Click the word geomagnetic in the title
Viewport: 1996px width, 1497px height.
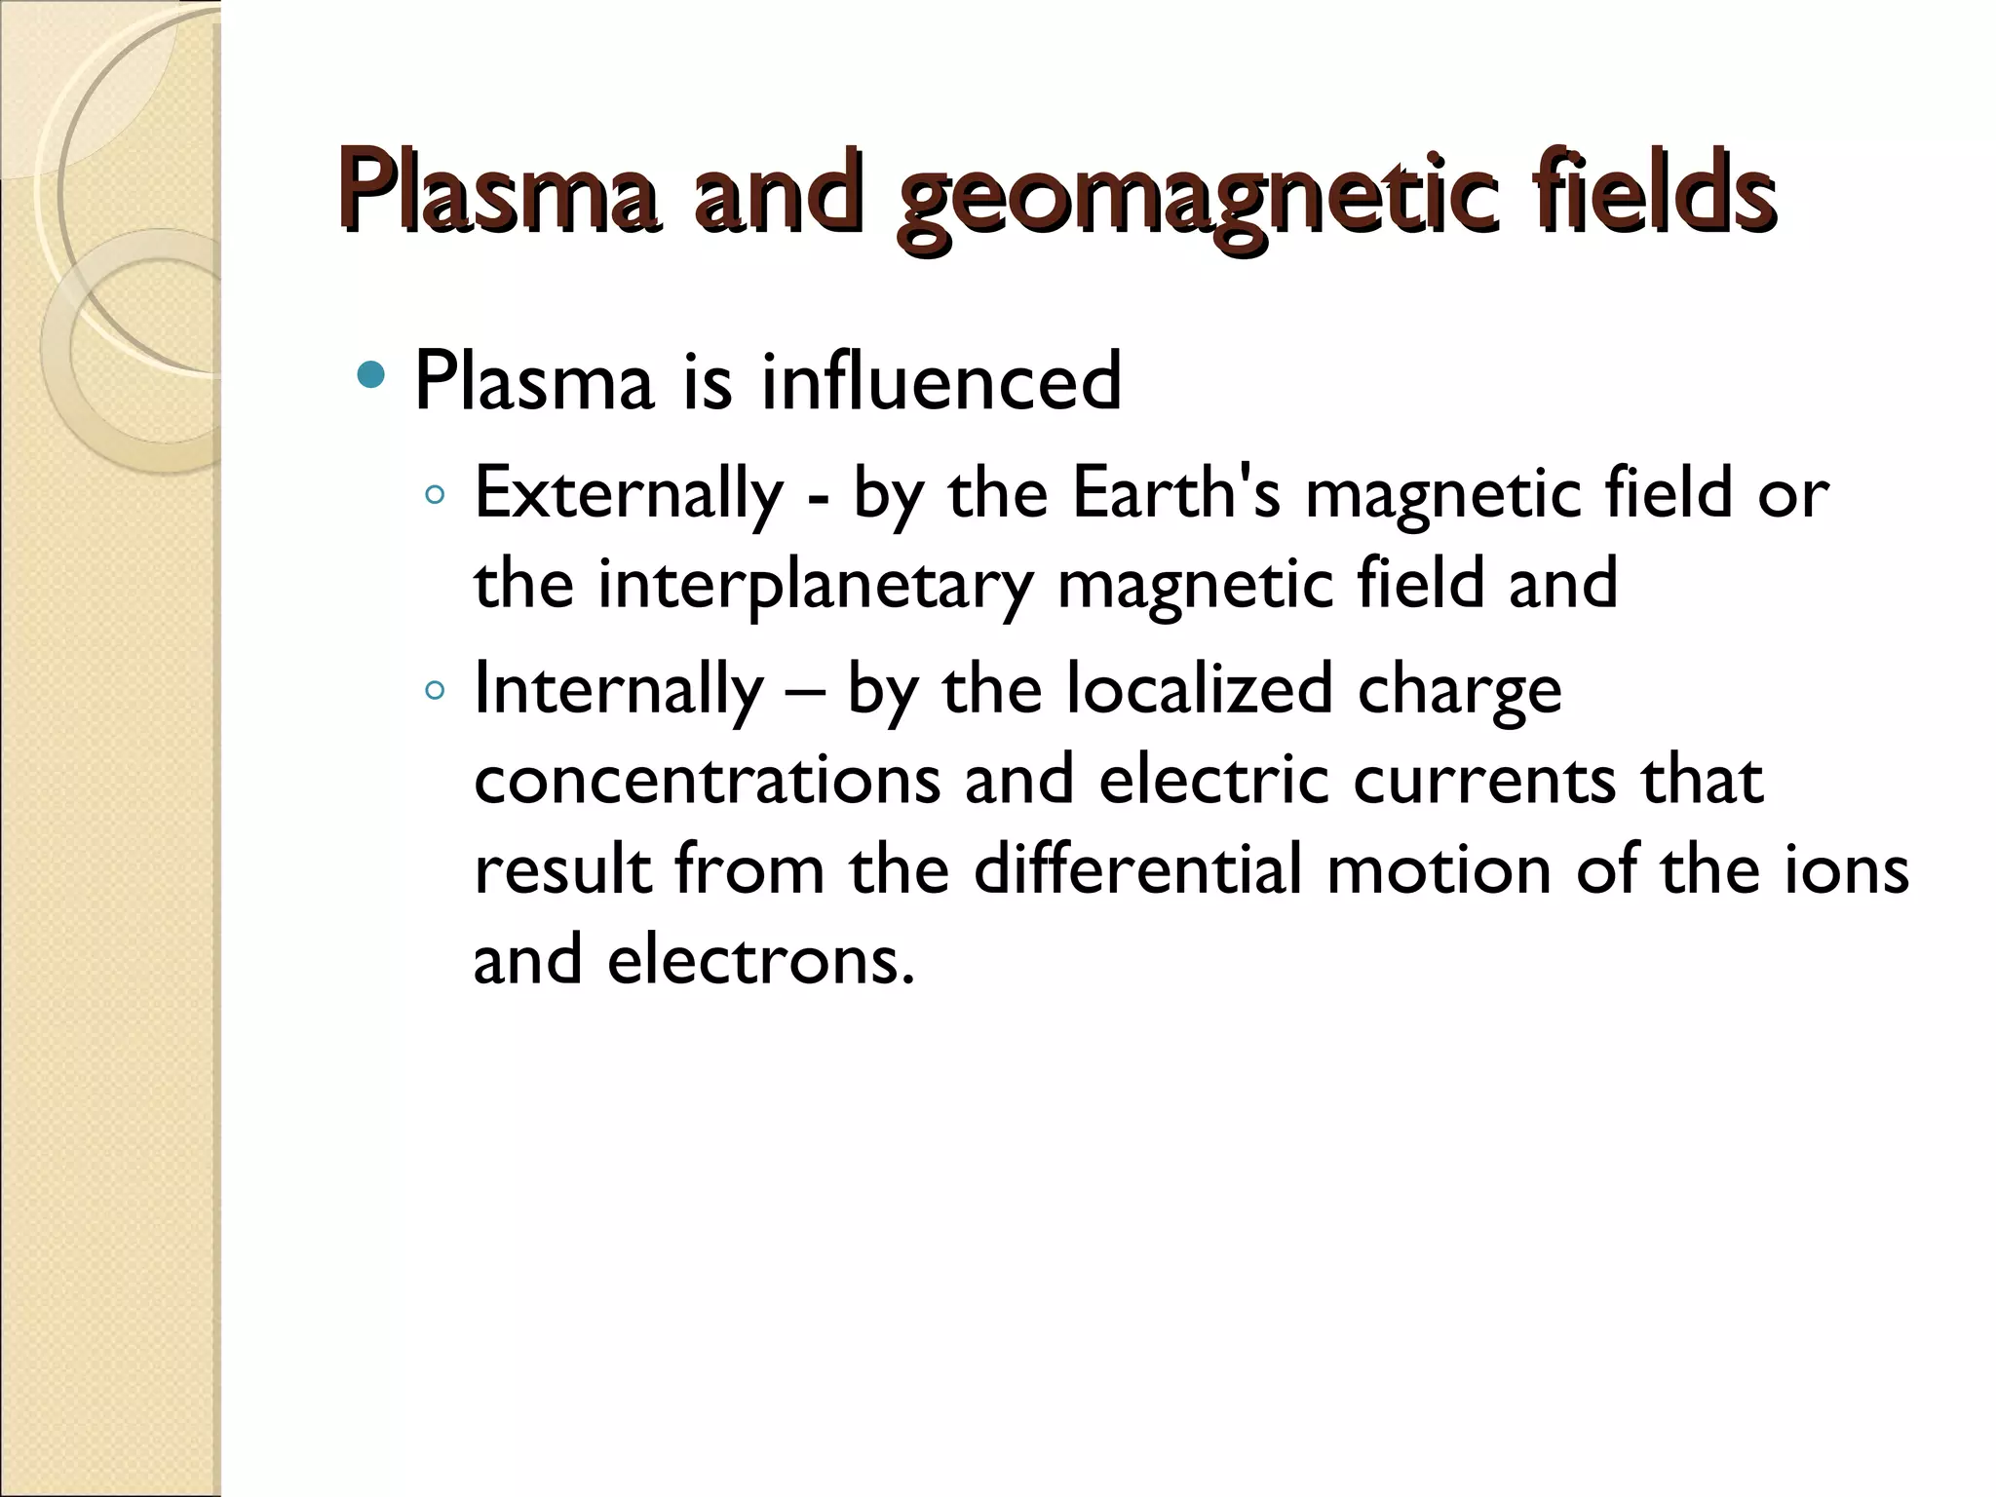tap(1194, 195)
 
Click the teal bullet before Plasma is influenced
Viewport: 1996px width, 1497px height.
tap(371, 375)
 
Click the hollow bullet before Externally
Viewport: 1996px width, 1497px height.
tap(435, 495)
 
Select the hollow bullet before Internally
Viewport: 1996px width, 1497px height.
tap(435, 691)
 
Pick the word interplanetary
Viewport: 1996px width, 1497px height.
tap(815, 585)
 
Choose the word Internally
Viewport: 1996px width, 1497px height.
tap(619, 689)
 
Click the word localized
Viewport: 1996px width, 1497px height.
tap(1199, 689)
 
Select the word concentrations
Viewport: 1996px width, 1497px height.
tap(708, 780)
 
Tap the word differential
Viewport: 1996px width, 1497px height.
tap(1137, 869)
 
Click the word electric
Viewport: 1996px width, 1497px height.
tap(1213, 780)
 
